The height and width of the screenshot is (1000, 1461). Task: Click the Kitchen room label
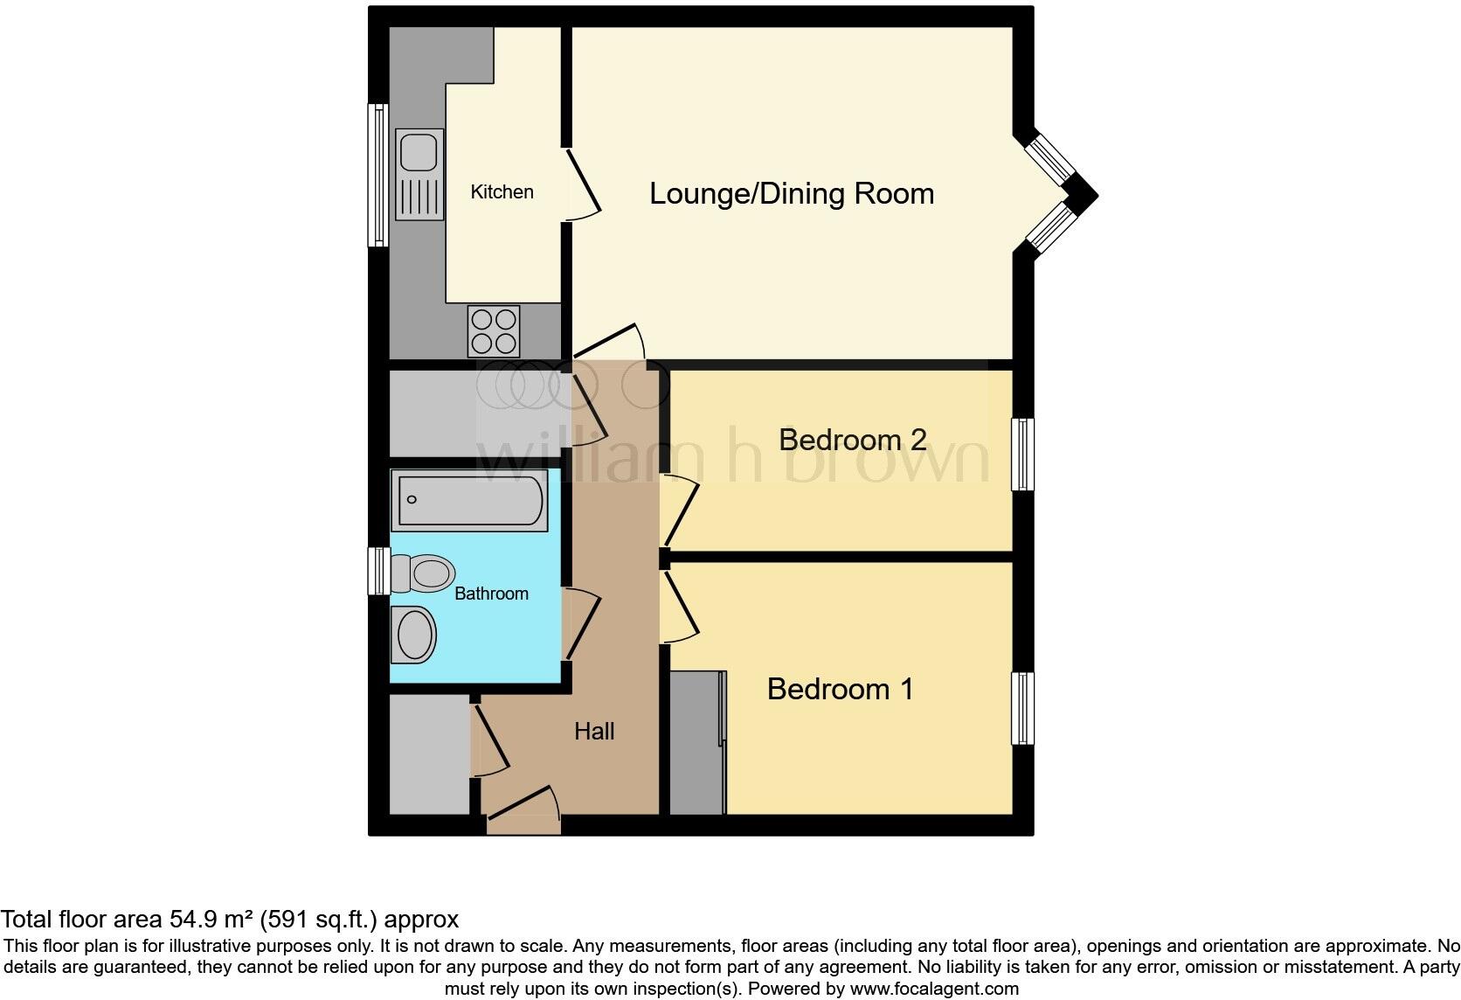pyautogui.click(x=502, y=192)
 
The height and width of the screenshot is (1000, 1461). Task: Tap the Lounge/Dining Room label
pyautogui.click(x=791, y=193)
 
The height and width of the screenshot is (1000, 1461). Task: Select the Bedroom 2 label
pyautogui.click(x=852, y=439)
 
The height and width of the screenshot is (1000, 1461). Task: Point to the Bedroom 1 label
pyautogui.click(x=840, y=689)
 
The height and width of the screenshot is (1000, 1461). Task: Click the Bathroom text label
pyautogui.click(x=491, y=594)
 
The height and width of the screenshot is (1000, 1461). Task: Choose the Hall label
pyautogui.click(x=594, y=731)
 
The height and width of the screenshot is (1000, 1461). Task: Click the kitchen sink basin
pyautogui.click(x=419, y=152)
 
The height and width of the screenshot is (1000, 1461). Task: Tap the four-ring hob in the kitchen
pyautogui.click(x=494, y=330)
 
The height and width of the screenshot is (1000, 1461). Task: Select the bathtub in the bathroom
pyautogui.click(x=469, y=500)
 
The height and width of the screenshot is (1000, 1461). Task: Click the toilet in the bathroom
pyautogui.click(x=423, y=574)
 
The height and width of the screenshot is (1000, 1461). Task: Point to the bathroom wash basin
pyautogui.click(x=414, y=634)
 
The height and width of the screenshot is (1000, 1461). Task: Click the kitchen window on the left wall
pyautogui.click(x=377, y=175)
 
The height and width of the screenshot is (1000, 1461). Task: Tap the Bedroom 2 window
pyautogui.click(x=1022, y=454)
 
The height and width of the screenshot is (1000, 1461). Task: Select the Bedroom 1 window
pyautogui.click(x=1022, y=708)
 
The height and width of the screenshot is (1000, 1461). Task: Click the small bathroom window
pyautogui.click(x=377, y=572)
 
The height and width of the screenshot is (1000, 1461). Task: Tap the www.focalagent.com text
pyautogui.click(x=934, y=990)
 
